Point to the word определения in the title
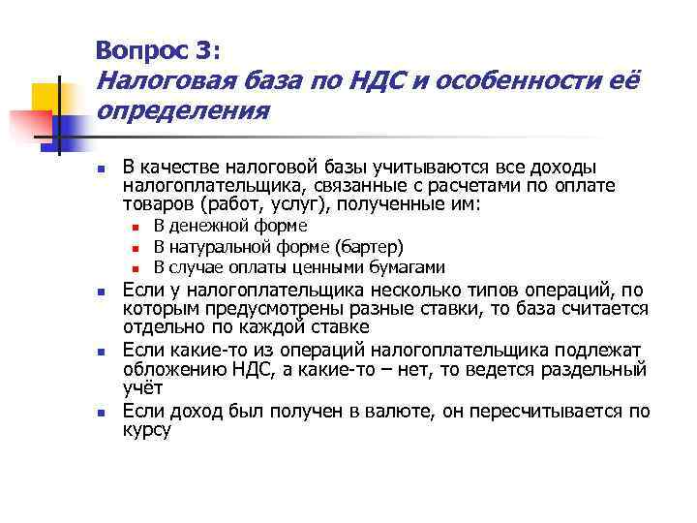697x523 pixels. click(181, 111)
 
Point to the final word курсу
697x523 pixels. click(147, 429)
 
